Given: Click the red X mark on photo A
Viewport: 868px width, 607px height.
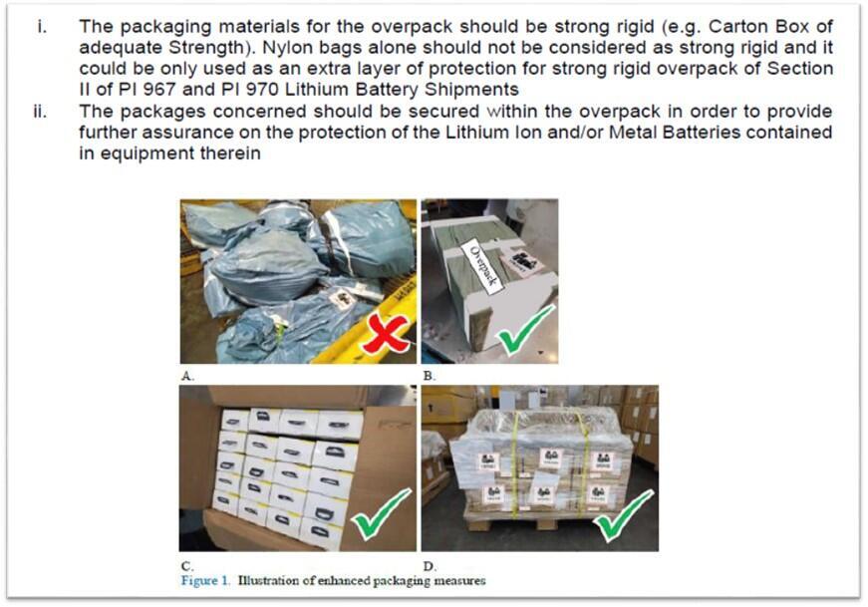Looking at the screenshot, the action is [x=386, y=333].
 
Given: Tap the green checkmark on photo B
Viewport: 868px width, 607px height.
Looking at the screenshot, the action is [x=526, y=330].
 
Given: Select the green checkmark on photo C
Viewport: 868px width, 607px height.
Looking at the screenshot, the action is [x=383, y=514].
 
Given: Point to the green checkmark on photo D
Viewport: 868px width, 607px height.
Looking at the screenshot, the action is [x=623, y=515].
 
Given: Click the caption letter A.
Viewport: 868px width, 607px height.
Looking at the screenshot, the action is [x=187, y=376].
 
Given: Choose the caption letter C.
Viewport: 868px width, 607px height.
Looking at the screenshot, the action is [x=187, y=566].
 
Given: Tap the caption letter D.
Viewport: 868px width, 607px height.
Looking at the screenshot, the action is [x=430, y=566].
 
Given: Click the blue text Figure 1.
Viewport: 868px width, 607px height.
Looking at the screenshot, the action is [x=205, y=581].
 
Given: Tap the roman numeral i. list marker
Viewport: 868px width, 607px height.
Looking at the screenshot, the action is [x=42, y=26].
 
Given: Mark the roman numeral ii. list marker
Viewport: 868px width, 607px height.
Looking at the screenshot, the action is [x=40, y=112].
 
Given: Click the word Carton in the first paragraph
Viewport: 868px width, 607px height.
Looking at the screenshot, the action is [x=735, y=26].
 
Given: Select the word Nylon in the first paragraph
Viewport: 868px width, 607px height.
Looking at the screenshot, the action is [x=284, y=47].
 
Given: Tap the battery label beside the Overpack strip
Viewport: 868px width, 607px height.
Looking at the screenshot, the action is [x=522, y=261].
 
